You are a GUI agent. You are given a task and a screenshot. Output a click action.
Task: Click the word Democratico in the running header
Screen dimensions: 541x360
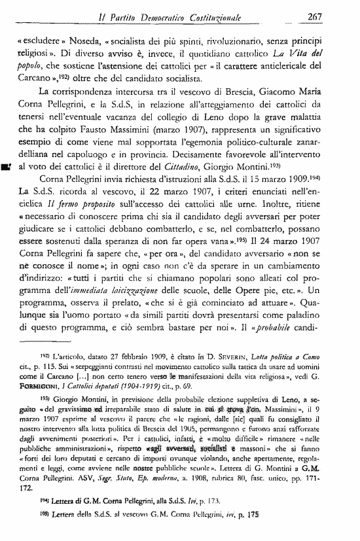pyautogui.click(x=181, y=18)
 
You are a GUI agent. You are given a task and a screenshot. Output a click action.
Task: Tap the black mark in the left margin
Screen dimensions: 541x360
pyautogui.click(x=6, y=169)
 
